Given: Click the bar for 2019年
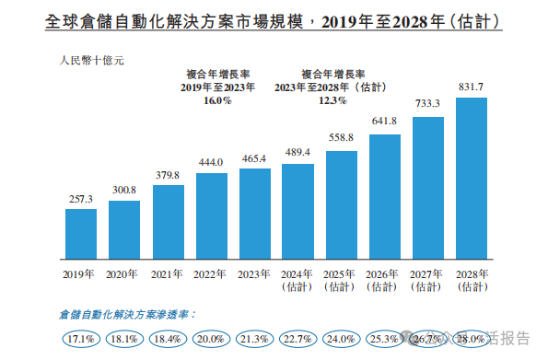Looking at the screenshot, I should point(80,235).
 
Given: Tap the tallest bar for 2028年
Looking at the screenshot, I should point(472,180).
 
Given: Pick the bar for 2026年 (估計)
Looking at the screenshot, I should point(385,198).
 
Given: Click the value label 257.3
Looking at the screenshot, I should point(80,199).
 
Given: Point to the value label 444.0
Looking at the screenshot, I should point(210,162).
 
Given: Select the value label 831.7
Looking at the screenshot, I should point(472,87).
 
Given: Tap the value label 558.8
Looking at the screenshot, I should point(341,138).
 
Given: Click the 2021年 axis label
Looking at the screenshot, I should point(167,273).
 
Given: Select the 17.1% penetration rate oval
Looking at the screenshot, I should point(80,340).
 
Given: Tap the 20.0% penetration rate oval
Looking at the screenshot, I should point(211,340).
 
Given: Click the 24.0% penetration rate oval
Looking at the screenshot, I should point(342,340).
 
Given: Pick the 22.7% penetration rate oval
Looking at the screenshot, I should point(297,340).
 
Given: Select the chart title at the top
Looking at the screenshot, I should point(274,20).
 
